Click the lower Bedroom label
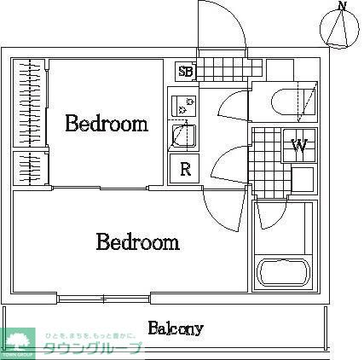137,242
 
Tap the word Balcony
175,328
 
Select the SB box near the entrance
185,72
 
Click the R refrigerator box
184,168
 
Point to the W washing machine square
299,146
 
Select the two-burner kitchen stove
183,107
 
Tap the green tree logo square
19,340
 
